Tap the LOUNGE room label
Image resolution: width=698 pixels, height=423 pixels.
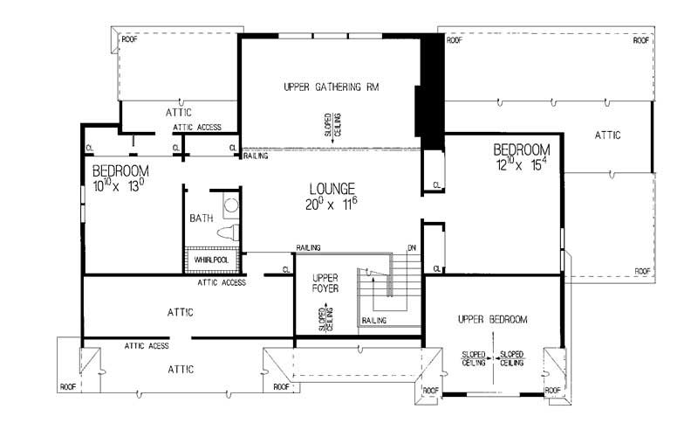pos(332,188)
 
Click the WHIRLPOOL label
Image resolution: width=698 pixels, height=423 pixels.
pos(210,260)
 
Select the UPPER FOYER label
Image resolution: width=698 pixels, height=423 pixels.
pos(325,281)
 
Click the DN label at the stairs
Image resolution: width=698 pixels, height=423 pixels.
pos(412,248)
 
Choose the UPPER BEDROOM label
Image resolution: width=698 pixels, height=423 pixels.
pos(492,320)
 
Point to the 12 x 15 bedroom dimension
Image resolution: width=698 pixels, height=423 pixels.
pos(521,163)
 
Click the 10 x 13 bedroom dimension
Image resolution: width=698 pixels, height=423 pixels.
pos(120,185)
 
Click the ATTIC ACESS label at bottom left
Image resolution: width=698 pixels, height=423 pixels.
pos(147,345)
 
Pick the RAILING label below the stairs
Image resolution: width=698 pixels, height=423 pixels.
pos(374,322)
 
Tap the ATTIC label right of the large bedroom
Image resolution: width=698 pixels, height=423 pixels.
pos(607,135)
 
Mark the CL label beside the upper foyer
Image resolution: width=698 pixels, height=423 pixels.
pos(286,269)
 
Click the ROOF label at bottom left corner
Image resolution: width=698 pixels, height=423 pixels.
pos(68,386)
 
